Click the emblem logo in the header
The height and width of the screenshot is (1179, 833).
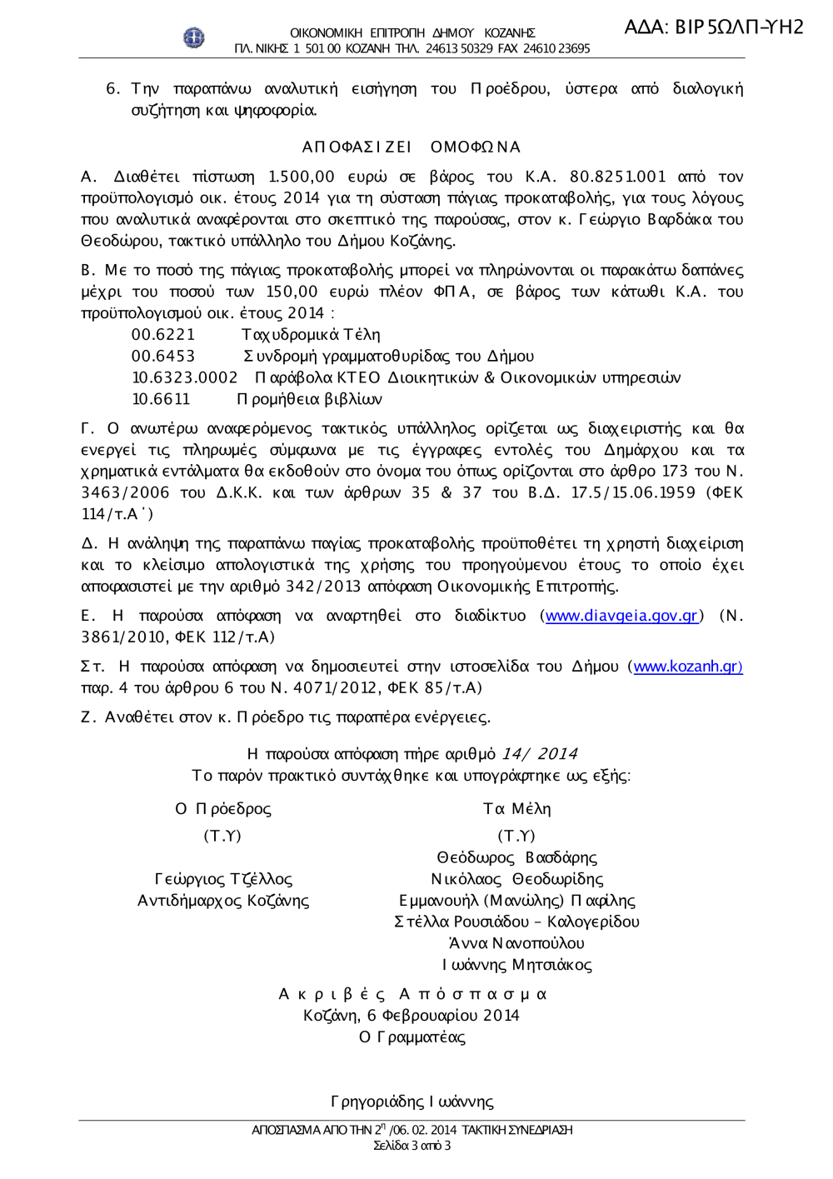(193, 37)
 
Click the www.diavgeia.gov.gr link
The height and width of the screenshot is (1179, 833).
(621, 616)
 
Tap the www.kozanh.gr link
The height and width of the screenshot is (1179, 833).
(687, 667)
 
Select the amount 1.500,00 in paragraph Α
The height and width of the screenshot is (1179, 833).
(301, 177)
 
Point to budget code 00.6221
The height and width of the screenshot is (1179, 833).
(163, 335)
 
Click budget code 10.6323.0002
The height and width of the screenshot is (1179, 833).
(185, 378)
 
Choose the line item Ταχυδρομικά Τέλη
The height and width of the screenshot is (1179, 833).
(311, 335)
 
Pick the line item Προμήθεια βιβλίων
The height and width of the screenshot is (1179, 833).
(310, 399)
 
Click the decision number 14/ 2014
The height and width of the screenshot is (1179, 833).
(539, 754)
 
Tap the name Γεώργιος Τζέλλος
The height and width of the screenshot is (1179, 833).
(223, 879)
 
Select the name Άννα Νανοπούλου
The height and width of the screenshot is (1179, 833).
(516, 943)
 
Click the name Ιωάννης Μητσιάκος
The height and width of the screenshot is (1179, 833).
(516, 965)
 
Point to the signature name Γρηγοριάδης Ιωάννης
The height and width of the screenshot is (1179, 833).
(412, 1102)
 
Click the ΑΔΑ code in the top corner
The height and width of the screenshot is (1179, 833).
(714, 27)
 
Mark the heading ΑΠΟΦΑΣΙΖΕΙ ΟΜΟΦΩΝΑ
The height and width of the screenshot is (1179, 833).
(412, 147)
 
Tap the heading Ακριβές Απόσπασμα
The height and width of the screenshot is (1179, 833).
(412, 994)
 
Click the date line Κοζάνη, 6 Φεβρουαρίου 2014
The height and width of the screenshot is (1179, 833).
(412, 1016)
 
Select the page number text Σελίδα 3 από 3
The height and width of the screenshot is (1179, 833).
(412, 1146)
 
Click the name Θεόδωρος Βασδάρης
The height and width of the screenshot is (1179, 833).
(516, 857)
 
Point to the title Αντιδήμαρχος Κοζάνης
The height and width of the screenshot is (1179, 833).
(223, 901)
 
